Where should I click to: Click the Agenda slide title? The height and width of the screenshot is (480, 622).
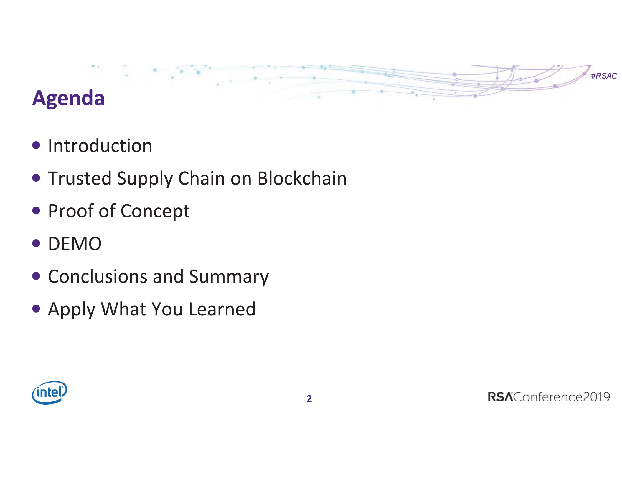tap(68, 98)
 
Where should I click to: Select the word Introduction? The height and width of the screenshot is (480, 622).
tap(100, 146)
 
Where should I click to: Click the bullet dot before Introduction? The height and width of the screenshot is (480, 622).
tap(36, 145)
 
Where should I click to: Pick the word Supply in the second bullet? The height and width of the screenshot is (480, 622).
tap(145, 179)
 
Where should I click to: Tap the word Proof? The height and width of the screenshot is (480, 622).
tap(71, 211)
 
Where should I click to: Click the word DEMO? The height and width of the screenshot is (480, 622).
tap(75, 244)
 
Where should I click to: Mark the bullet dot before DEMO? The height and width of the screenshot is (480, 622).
tap(36, 243)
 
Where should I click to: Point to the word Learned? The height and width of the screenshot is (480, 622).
tap(222, 309)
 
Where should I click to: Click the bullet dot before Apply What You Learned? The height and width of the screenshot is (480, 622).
tap(36, 309)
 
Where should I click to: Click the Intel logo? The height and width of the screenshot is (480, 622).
tap(50, 393)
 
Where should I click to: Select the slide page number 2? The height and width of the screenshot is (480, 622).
tap(309, 399)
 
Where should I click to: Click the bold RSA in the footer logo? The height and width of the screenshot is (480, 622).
tap(500, 397)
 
